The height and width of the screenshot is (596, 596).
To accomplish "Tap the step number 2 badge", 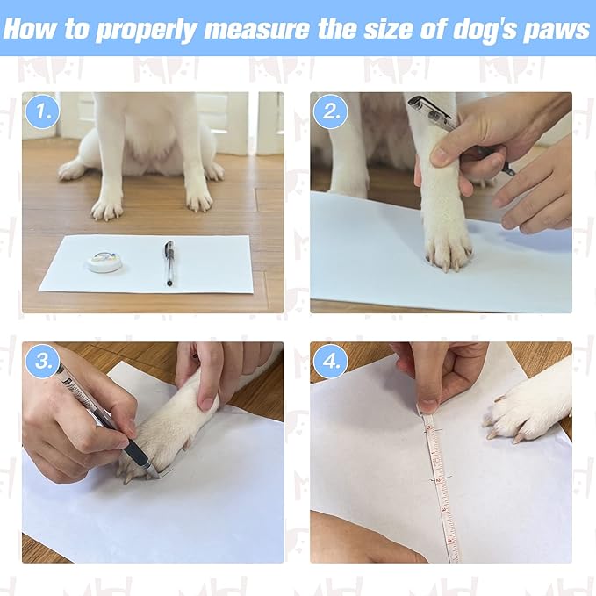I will coord(330,111).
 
